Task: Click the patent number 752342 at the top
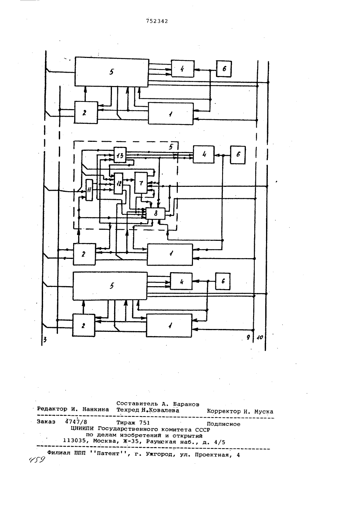(x=157, y=21)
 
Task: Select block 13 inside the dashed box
(x=120, y=155)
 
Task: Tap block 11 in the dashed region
(x=89, y=190)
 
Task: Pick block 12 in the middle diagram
(x=118, y=183)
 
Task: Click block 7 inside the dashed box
(x=141, y=183)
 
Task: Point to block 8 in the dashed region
(x=156, y=213)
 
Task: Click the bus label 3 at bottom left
(x=45, y=340)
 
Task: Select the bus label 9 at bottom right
(x=248, y=337)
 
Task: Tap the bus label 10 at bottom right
(x=260, y=338)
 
